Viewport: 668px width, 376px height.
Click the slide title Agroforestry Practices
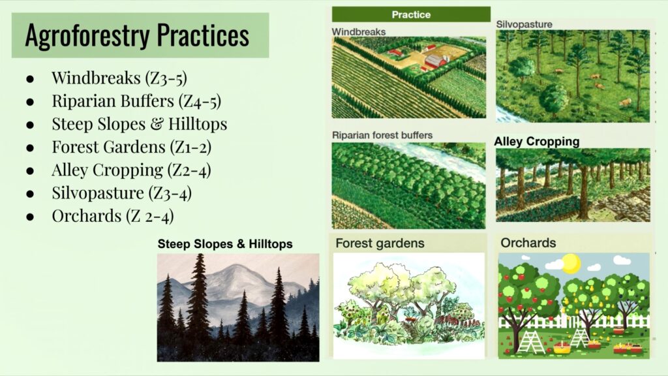coord(137,35)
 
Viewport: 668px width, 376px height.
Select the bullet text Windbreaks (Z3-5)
coord(119,78)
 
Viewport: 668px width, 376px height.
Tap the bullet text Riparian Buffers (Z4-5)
coord(136,101)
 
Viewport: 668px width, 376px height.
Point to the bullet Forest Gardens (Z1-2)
coord(132,147)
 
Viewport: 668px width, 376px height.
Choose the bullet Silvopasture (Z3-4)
coord(122,193)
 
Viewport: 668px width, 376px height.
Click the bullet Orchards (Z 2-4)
coord(113,216)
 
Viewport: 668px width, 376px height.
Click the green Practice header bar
coord(411,14)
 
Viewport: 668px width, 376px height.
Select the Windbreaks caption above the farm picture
coord(359,32)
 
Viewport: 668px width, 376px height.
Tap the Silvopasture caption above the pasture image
coord(524,24)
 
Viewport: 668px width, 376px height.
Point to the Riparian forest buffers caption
coord(382,135)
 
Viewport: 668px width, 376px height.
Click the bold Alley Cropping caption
coord(537,142)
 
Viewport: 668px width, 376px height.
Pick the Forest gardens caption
coord(380,243)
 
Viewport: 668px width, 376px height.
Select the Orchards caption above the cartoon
coord(528,243)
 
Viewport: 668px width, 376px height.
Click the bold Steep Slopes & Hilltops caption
coord(225,244)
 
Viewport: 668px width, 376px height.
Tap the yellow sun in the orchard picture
coord(571,263)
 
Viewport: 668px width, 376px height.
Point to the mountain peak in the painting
coord(234,266)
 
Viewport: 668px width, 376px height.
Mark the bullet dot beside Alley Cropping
coord(30,171)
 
